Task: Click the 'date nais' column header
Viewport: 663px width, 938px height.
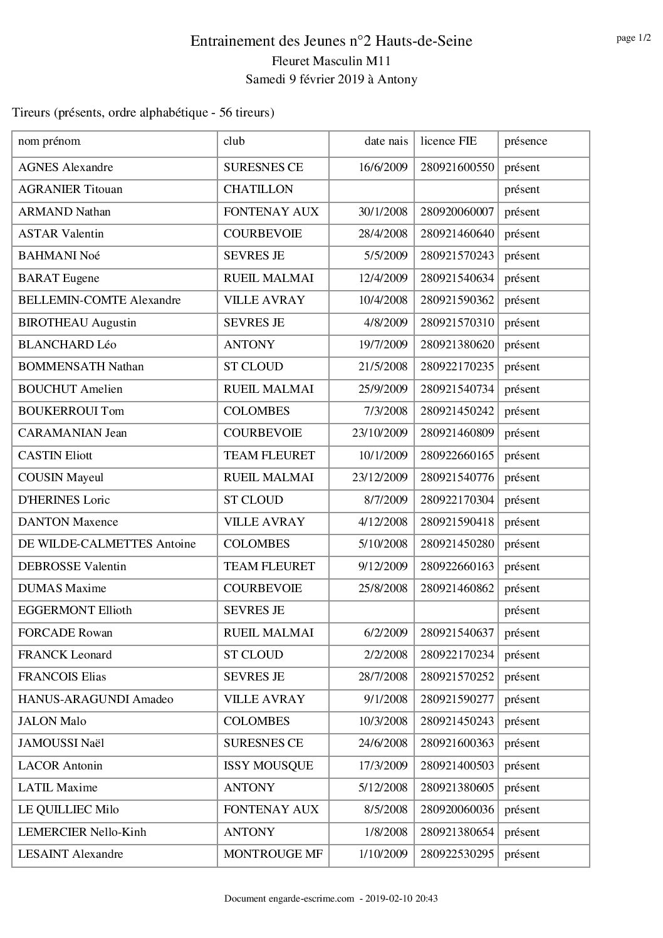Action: pos(386,142)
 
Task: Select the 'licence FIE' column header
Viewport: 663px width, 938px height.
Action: pos(448,142)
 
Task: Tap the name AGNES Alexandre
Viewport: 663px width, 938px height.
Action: pos(66,167)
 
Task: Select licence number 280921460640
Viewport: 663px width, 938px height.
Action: pos(457,234)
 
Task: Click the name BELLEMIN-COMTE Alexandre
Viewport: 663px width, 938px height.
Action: pos(100,300)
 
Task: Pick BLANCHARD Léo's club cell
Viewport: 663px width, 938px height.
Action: pos(249,345)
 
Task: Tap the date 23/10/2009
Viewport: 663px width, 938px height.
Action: pos(380,433)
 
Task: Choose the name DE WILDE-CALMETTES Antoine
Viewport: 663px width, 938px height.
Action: pos(107,544)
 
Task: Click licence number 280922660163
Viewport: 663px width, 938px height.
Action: pos(457,566)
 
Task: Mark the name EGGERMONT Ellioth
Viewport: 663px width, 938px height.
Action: pos(75,610)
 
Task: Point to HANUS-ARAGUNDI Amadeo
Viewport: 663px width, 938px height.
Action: pos(96,699)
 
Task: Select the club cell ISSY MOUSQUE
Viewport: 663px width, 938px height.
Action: pos(268,766)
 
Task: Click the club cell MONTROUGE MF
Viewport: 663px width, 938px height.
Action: pos(273,854)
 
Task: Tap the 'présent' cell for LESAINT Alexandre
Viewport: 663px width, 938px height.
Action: pos(521,854)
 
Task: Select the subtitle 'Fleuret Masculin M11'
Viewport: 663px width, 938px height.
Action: pos(331,61)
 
